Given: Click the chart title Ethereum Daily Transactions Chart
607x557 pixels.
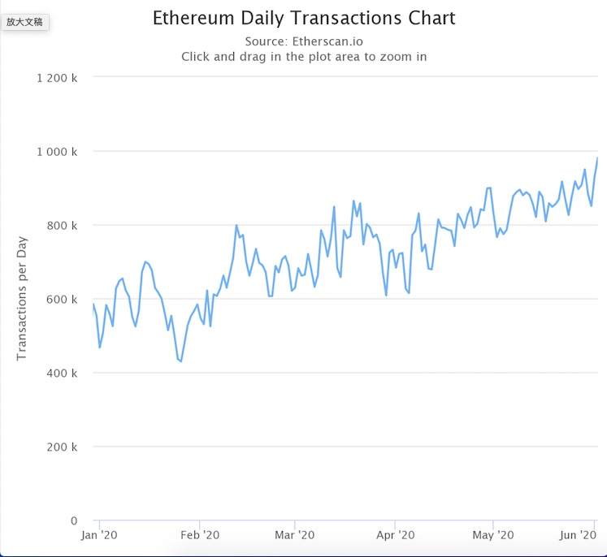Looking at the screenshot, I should click(304, 18).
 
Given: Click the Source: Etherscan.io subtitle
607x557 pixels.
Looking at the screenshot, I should click(303, 41).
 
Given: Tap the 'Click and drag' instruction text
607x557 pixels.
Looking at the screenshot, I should click(303, 57).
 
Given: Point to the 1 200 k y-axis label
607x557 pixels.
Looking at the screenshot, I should click(58, 78).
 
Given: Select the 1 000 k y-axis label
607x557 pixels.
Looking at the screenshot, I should click(58, 152).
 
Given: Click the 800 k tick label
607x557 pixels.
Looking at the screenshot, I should click(63, 226).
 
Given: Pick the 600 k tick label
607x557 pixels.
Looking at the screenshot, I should click(63, 300).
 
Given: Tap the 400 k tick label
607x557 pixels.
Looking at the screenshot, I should click(63, 373).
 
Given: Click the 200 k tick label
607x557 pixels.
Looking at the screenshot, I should click(63, 447).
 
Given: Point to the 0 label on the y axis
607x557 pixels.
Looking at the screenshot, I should click(74, 520).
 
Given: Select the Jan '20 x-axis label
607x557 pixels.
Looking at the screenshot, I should click(99, 535).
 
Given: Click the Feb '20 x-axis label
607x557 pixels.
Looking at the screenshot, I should click(200, 535).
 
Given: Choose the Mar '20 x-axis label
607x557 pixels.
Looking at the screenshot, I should click(294, 535).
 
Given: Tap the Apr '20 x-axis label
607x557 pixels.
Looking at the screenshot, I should click(395, 535).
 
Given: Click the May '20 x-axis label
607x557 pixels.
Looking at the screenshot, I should click(493, 535).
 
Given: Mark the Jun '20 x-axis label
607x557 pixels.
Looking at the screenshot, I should click(579, 535).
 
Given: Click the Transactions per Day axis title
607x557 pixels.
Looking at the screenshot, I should click(22, 300).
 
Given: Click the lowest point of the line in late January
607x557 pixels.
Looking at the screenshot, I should click(180, 361).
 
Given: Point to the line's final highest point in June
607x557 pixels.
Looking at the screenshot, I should click(597, 158).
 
